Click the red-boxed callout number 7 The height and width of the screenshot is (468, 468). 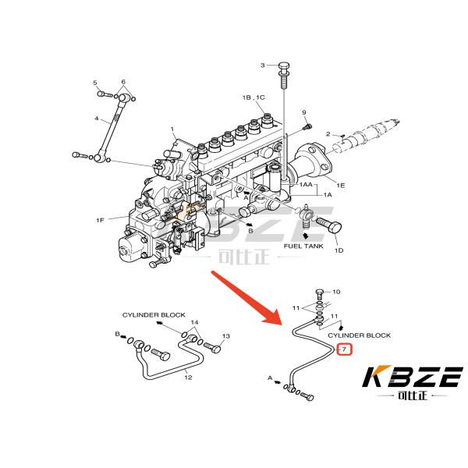tap(345, 350)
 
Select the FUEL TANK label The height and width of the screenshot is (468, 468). tap(303, 246)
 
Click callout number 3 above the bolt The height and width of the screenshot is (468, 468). tap(263, 66)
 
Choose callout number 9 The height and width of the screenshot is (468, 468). tap(304, 112)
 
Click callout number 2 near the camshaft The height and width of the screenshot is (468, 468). tap(328, 133)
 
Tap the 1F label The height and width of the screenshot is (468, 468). tap(100, 221)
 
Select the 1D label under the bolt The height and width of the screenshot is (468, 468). tap(339, 250)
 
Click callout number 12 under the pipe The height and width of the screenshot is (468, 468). tap(187, 378)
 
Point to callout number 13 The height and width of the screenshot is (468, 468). tap(226, 336)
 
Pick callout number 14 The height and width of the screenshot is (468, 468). tap(195, 322)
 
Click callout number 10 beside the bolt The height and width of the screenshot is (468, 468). tap(336, 292)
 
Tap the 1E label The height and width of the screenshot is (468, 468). tap(340, 185)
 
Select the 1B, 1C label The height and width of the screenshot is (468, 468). tap(253, 97)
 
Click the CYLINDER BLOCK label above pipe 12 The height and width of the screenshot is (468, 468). tap(154, 314)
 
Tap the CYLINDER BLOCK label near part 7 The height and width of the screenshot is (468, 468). tap(359, 335)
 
